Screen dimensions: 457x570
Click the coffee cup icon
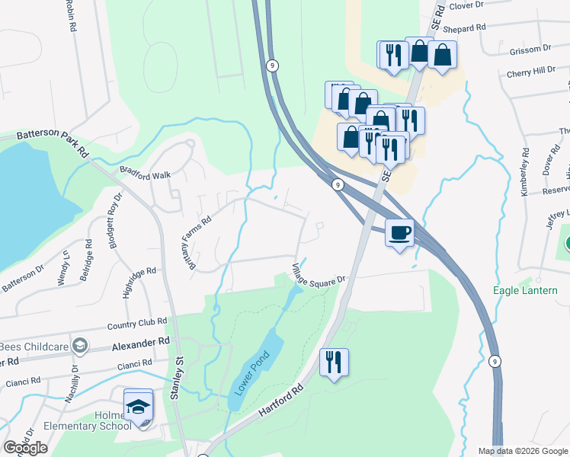(399, 232)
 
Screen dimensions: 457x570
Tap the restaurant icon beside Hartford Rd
(334, 362)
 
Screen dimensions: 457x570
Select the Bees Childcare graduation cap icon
(78, 347)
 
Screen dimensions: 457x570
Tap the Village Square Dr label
(319, 273)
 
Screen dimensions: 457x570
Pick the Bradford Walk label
(145, 174)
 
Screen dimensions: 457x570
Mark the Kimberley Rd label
(524, 172)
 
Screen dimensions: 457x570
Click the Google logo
(25, 448)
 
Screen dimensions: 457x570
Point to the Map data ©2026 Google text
(522, 451)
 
